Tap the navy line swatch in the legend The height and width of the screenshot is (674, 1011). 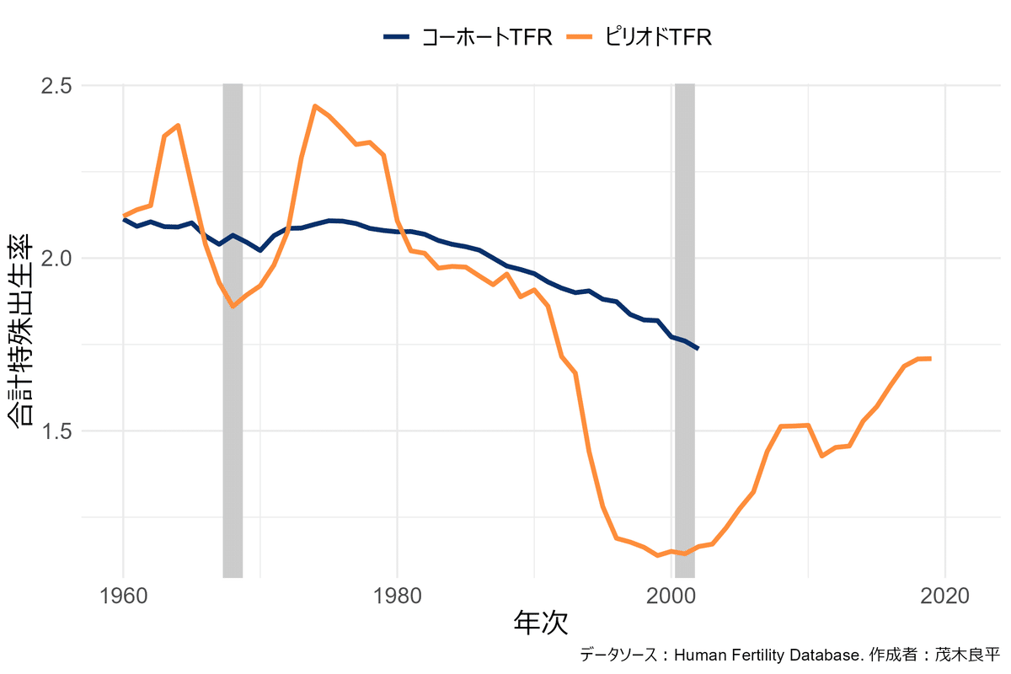(x=397, y=37)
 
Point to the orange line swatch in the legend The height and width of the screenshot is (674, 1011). (x=580, y=37)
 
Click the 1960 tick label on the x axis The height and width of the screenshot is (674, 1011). (x=124, y=596)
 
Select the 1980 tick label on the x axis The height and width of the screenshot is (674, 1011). (x=397, y=596)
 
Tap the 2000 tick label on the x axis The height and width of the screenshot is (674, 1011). (x=671, y=596)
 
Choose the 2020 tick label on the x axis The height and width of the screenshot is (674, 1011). (x=944, y=596)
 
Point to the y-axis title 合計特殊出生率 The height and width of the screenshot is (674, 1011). (x=23, y=330)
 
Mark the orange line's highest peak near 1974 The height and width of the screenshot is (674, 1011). (x=315, y=106)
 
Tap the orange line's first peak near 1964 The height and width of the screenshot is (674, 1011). (x=178, y=126)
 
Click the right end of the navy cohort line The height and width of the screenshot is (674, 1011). (x=698, y=348)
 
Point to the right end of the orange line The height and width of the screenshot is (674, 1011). (x=930, y=359)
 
